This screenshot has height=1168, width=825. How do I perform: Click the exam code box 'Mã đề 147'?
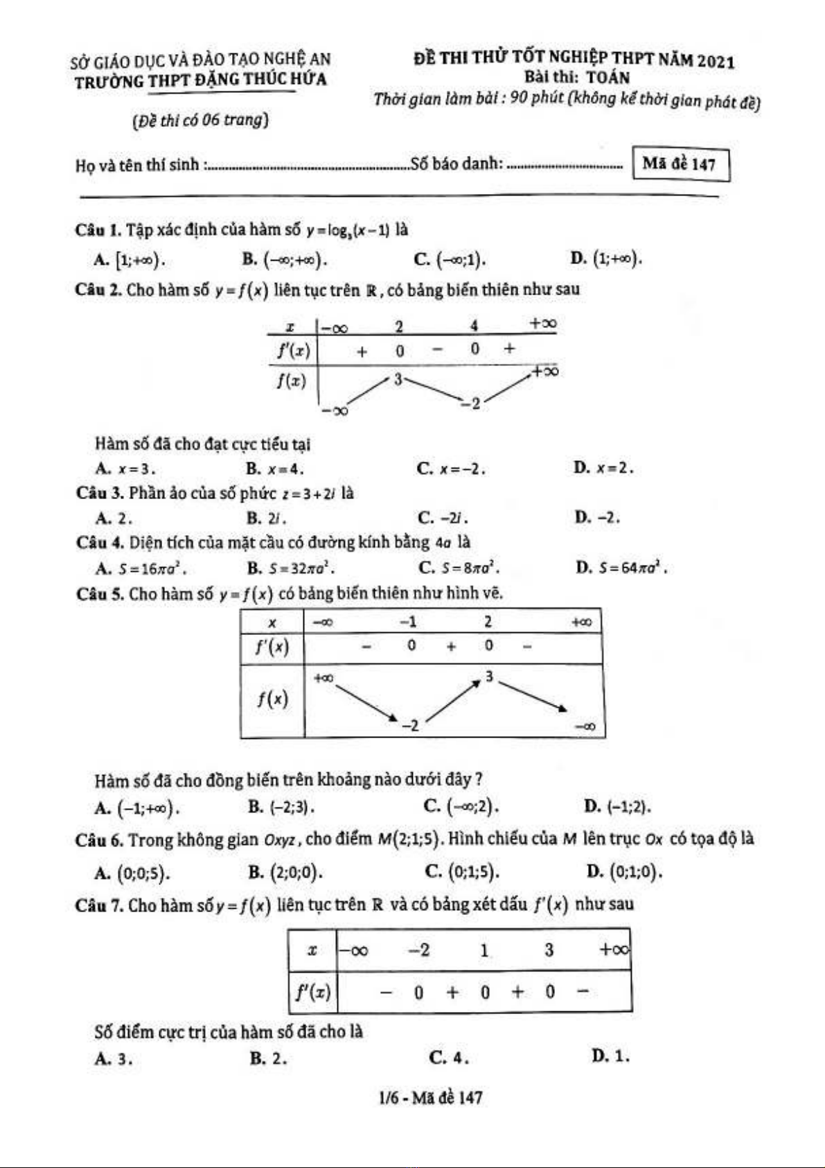(680, 164)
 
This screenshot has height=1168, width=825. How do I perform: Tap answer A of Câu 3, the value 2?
(114, 518)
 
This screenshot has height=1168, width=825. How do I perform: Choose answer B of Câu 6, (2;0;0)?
(285, 871)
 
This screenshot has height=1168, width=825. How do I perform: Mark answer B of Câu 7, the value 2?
(268, 1058)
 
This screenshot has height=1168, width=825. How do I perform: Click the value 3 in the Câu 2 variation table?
(398, 379)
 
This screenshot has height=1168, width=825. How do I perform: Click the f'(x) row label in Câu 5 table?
(272, 647)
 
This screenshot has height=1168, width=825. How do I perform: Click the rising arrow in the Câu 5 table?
(452, 701)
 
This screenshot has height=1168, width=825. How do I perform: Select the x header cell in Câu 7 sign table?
(312, 950)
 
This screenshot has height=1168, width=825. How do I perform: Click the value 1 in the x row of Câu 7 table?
(484, 950)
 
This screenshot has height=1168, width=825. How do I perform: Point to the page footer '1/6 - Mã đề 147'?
(431, 1097)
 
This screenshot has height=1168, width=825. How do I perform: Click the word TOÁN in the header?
(608, 78)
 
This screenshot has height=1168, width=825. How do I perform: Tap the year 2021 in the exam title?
(716, 60)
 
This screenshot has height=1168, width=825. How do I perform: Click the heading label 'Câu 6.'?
(99, 840)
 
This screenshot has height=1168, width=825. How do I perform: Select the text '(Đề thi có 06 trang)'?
(200, 120)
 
